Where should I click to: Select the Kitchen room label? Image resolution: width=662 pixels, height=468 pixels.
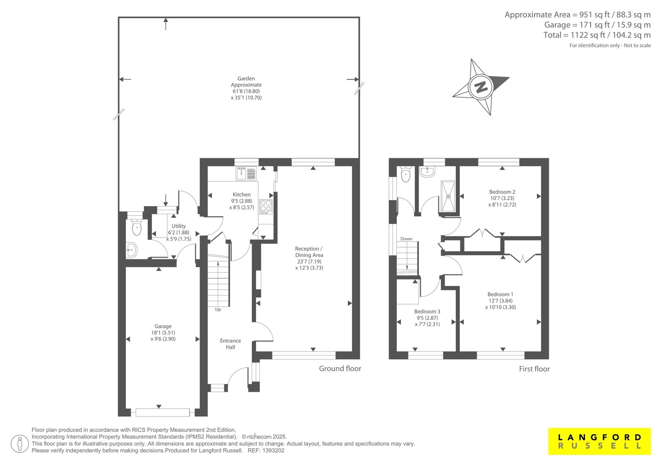tap(242, 194)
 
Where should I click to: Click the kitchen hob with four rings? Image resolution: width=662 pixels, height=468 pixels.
tap(266, 206)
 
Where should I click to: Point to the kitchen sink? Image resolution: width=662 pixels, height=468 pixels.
tap(246, 173)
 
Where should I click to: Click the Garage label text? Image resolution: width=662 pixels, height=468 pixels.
tap(163, 326)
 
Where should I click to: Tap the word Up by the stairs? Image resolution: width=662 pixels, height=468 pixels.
tap(218, 310)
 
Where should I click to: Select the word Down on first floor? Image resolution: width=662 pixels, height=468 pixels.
tap(406, 239)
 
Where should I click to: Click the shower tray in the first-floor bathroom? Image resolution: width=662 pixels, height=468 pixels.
tap(448, 196)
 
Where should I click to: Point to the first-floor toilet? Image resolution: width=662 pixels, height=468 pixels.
tap(406, 174)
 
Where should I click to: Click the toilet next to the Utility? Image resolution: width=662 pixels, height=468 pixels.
tap(136, 227)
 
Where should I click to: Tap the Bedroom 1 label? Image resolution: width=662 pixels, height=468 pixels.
tap(500, 295)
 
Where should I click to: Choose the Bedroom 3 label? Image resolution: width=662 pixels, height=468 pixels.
tap(427, 312)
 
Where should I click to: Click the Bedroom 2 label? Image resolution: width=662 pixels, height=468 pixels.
tap(502, 192)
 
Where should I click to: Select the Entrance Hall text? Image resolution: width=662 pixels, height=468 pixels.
tap(230, 344)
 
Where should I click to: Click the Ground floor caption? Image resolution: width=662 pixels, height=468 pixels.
tap(340, 368)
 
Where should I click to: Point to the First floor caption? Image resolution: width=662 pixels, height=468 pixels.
tap(534, 369)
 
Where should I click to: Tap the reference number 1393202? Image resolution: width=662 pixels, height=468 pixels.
tap(273, 451)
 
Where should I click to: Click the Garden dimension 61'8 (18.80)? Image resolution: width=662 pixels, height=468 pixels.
tap(246, 91)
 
